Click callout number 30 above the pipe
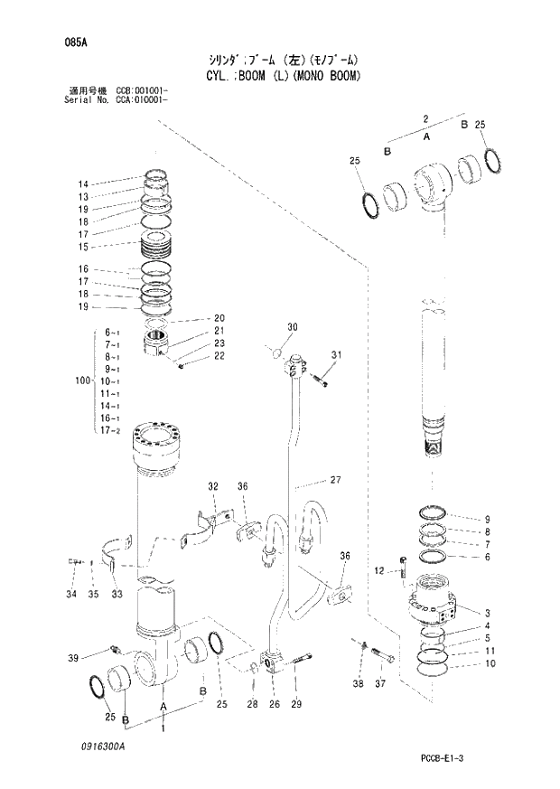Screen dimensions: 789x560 pyautogui.click(x=292, y=326)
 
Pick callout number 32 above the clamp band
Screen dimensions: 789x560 pyautogui.click(x=213, y=486)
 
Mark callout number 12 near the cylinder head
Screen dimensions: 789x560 pyautogui.click(x=380, y=570)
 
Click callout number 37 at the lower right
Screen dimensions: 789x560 pyautogui.click(x=380, y=683)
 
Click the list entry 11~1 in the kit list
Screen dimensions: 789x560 pyautogui.click(x=113, y=394)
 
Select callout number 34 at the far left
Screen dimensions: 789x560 pyautogui.click(x=70, y=594)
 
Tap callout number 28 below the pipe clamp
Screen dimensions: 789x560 pyautogui.click(x=252, y=704)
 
